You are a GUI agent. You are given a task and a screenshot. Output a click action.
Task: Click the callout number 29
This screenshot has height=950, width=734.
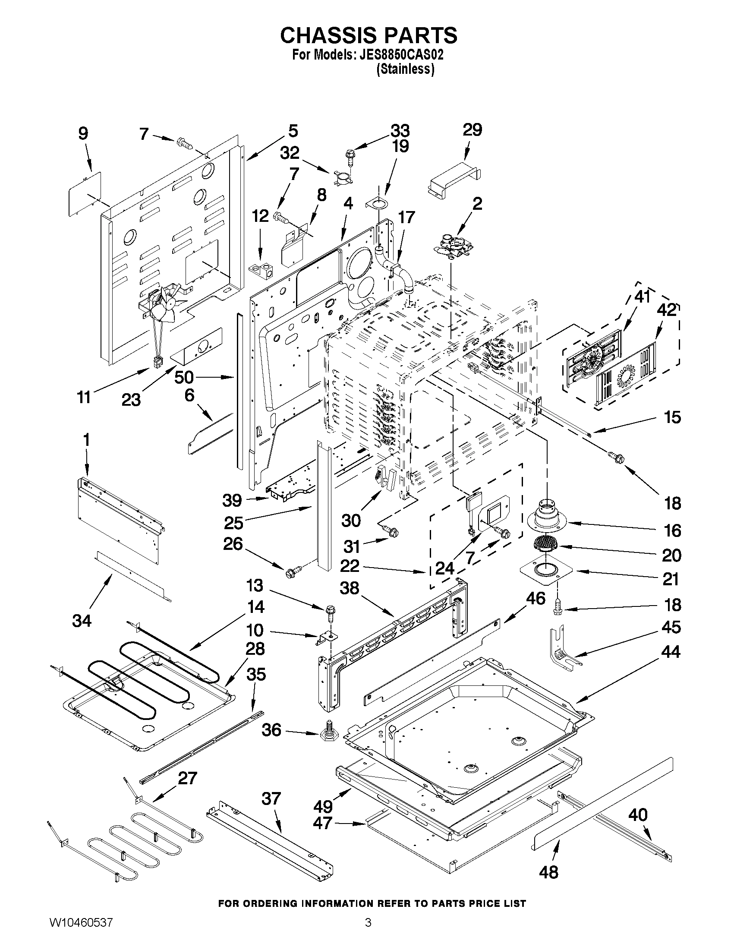472,130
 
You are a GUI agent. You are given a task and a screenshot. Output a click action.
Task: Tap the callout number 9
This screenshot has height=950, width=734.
82,133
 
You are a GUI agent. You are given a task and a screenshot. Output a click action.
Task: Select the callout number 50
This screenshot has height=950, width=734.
184,377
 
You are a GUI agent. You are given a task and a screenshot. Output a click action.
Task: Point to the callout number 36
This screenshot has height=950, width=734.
271,730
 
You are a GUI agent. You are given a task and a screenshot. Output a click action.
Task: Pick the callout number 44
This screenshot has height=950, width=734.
671,664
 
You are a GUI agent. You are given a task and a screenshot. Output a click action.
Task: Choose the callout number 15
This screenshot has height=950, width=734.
672,417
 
